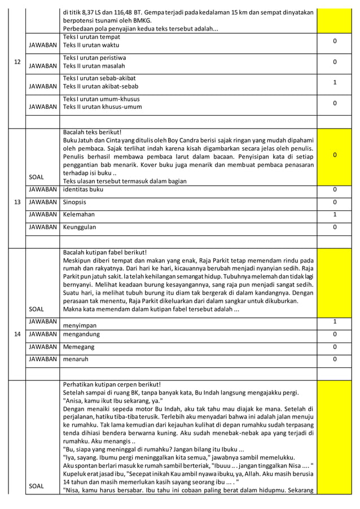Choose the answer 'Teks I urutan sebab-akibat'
coord(99,78)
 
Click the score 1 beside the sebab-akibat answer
coord(335,82)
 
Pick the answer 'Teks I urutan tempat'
coord(91,37)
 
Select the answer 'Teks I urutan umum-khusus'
coord(102,98)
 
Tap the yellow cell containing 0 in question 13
coord(335,155)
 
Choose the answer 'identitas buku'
coord(84,190)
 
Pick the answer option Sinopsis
coord(76,202)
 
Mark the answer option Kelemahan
coord(79,214)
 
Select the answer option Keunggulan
coord(80,227)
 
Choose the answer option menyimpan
coord(79,326)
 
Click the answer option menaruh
coord(76,359)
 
